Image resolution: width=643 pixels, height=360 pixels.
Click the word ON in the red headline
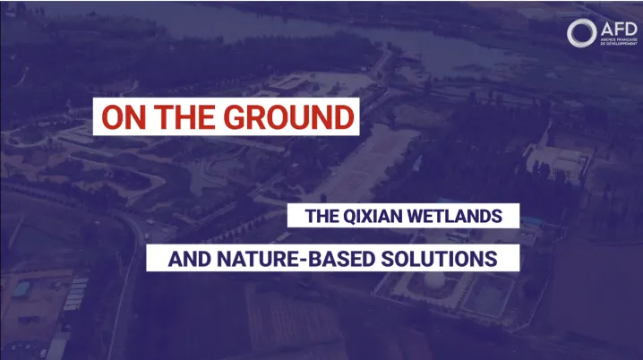(x=123, y=118)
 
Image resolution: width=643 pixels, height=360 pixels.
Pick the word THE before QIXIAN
(x=320, y=216)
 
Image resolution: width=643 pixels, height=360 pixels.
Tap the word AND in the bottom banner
(x=189, y=260)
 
